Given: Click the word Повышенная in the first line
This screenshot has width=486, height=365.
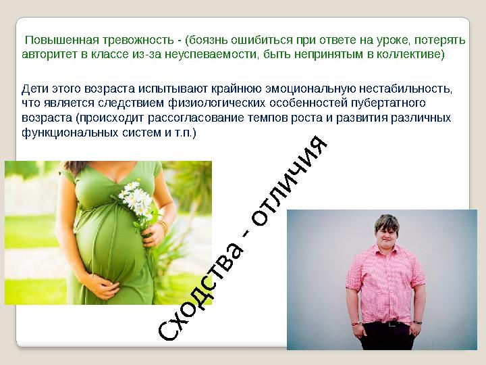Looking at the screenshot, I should (55, 40).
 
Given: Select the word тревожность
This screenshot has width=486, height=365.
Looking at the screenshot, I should (134, 40).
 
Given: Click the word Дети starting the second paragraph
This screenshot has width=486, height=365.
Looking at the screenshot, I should (35, 89).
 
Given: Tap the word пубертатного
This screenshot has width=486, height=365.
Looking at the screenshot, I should (389, 103).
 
